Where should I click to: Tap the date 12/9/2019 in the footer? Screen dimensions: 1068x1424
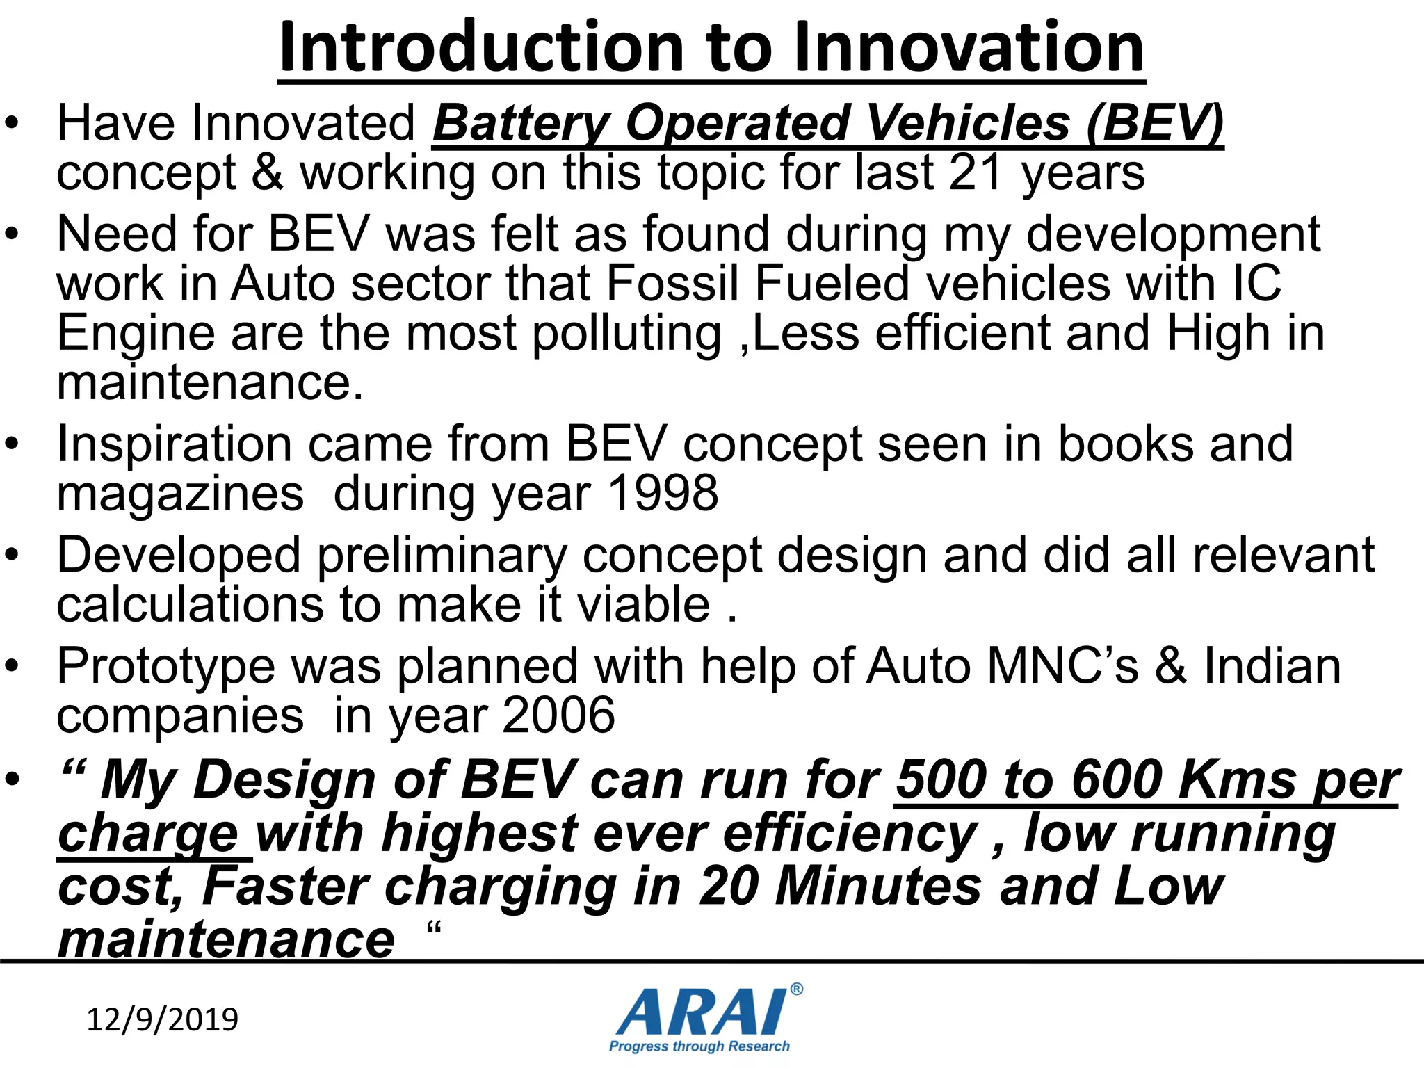click(162, 1019)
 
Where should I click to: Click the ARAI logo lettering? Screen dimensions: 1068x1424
click(702, 1012)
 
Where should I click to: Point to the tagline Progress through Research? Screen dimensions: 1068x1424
click(699, 1046)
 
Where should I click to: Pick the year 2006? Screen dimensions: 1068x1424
click(558, 715)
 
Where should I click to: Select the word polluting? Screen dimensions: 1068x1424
click(626, 334)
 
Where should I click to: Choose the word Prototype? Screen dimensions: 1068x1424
click(166, 667)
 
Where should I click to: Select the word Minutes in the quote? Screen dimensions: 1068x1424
click(878, 887)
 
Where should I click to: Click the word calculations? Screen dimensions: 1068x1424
click(190, 604)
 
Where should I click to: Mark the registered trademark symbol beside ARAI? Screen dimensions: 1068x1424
click(797, 989)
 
